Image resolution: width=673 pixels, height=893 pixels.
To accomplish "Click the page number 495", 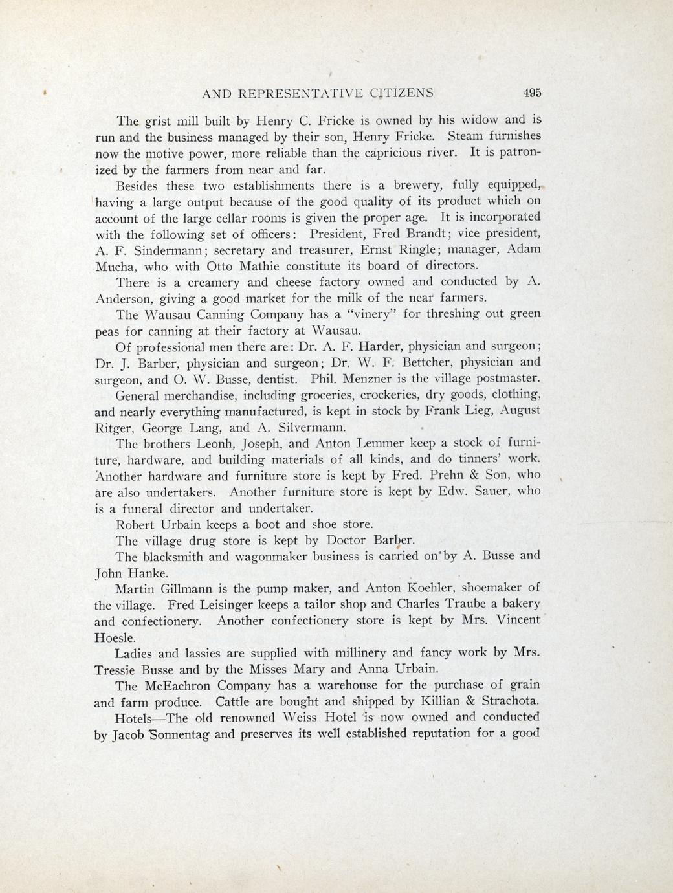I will [x=531, y=93].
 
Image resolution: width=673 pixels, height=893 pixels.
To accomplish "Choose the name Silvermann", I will [x=304, y=428].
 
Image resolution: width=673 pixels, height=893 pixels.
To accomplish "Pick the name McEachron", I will [x=178, y=685].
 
